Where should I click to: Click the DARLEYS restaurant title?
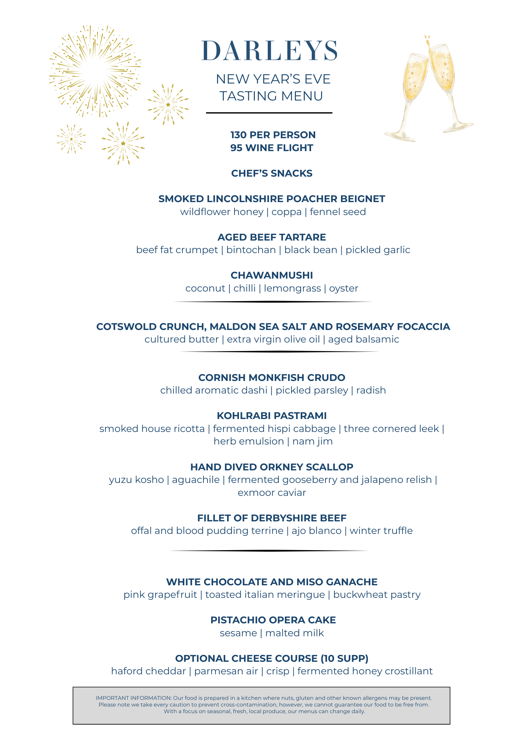[270, 51]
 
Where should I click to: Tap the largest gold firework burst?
[95, 71]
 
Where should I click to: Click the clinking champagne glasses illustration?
[429, 89]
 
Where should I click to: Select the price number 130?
[239, 135]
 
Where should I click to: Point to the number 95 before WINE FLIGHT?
[236, 148]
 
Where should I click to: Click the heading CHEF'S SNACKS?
[272, 173]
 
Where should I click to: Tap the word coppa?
[287, 212]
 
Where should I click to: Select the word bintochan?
[251, 250]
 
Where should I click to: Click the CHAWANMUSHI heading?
[272, 275]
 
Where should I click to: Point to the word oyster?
[344, 288]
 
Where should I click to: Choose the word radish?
[371, 390]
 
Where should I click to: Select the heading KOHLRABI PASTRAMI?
[272, 416]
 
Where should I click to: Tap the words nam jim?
[313, 441]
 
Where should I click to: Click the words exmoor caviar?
[272, 493]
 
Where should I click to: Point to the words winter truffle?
[381, 531]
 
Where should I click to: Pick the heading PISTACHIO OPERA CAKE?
[273, 620]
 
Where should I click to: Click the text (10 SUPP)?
[344, 658]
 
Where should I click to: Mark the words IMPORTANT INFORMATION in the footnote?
[134, 698]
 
